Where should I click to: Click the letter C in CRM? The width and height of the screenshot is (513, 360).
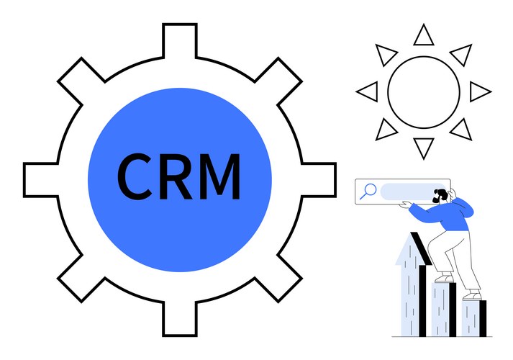tap(135, 176)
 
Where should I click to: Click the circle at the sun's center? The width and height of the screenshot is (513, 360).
tap(423, 92)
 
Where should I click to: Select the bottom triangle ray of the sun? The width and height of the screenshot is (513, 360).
tap(423, 148)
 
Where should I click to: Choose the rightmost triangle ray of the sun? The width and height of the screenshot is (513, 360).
tap(478, 91)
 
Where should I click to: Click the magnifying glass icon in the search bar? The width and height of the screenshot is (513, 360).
tap(368, 191)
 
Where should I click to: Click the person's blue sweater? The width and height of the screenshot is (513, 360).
tap(453, 216)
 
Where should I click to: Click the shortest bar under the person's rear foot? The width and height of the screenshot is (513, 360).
tap(473, 317)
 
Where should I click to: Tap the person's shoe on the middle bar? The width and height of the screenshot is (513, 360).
tap(444, 278)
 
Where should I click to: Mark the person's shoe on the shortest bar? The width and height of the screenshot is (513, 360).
tap(472, 295)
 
